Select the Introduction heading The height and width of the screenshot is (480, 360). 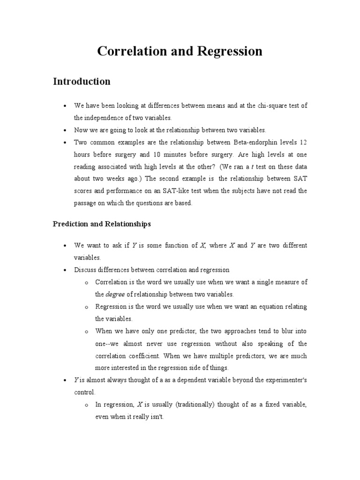82,82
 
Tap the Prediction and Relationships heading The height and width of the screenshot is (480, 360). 102,224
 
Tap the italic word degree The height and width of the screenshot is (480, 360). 115,294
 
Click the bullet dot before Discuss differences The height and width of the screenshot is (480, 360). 64,270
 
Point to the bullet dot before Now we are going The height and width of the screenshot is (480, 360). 64,130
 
